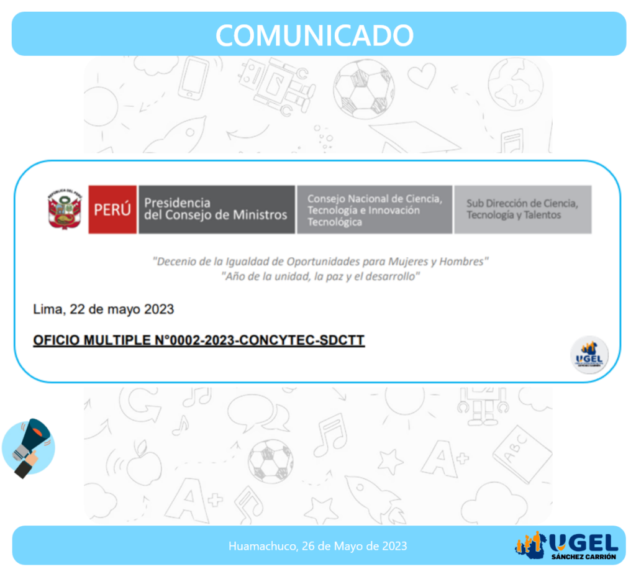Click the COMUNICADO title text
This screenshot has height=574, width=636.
point(314,35)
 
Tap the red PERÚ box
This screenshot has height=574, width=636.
point(112,209)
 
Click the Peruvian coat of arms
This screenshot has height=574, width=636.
point(65,209)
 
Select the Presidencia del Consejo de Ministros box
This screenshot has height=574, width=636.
point(217,209)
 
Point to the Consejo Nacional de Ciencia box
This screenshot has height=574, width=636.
point(375,209)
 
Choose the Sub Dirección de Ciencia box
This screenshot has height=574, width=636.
point(522,209)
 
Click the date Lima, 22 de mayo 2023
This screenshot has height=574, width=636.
point(104,309)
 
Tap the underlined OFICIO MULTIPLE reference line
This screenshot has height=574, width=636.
point(199,340)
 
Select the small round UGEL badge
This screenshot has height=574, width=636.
point(589,355)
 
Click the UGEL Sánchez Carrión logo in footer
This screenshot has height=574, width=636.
point(566,545)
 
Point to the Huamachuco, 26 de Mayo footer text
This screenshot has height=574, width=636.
point(317,546)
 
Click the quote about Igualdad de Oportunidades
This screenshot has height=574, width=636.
point(320,262)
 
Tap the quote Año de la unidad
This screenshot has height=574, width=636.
point(320,276)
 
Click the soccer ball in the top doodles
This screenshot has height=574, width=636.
point(363,89)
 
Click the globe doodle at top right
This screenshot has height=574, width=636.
point(515,84)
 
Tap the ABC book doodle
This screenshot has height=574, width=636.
point(522,453)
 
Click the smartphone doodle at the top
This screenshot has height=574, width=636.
point(194,78)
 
